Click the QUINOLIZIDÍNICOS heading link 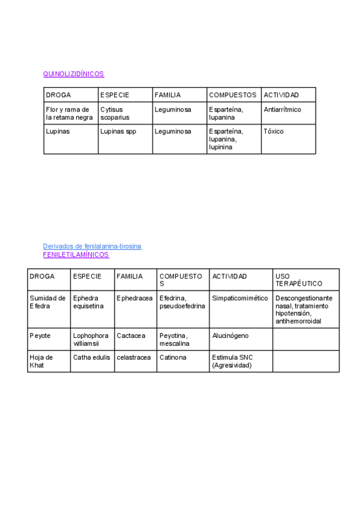[x=73, y=74]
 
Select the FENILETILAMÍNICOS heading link [x=76, y=254]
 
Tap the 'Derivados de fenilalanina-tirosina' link [x=92, y=246]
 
